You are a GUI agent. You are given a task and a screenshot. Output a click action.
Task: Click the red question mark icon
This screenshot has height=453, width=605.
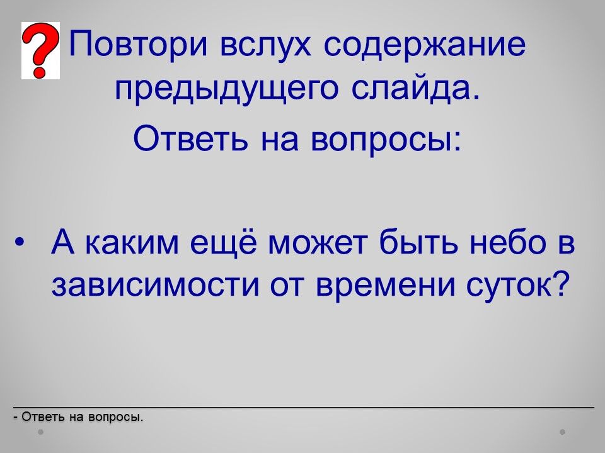(40, 50)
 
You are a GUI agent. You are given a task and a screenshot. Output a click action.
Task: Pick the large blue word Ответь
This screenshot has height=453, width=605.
(190, 138)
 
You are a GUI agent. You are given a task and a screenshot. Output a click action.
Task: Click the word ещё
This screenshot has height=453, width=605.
(223, 243)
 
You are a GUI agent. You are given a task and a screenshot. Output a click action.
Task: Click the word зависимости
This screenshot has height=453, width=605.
(155, 286)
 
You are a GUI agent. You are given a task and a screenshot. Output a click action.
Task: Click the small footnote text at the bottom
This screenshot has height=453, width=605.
(78, 417)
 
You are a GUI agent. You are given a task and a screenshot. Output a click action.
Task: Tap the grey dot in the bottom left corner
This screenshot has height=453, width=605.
(41, 432)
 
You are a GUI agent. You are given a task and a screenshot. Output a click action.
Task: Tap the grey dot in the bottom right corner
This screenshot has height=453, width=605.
(563, 432)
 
